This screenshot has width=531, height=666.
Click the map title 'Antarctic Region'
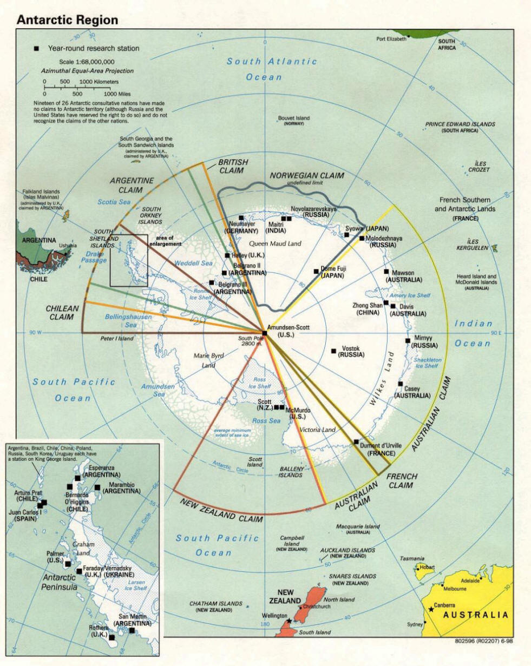pos(67,20)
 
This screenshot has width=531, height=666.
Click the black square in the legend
pos(36,49)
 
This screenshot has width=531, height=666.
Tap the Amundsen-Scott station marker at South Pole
pos(264,333)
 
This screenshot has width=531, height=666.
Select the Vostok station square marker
pos(333,351)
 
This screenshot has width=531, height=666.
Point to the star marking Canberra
pos(431,610)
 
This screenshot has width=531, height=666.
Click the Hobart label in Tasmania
pos(427,567)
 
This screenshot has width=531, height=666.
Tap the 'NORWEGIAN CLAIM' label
pos(306,176)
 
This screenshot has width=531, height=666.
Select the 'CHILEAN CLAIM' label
pos(62,312)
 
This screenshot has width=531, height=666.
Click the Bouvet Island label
pos(294,118)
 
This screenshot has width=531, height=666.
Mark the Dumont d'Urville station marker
pos(356,441)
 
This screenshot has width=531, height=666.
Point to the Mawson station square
pos(386,272)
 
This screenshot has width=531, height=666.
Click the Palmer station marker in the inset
pos(68,564)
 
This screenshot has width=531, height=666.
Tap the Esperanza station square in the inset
pos(77,478)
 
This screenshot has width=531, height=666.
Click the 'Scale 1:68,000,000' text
pos(79,62)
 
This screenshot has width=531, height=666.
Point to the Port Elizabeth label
pos(392,38)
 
